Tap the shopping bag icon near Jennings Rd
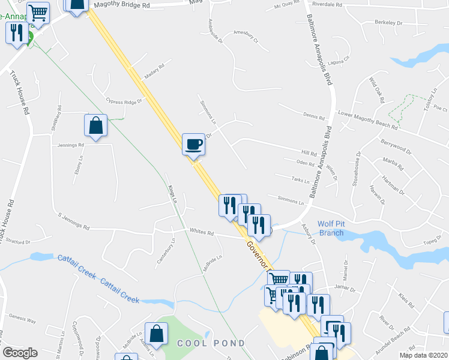point(95,125)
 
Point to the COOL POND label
point(211,343)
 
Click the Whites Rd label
point(202,232)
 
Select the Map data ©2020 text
point(423,355)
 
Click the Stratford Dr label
point(19,242)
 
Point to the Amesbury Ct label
point(245,37)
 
